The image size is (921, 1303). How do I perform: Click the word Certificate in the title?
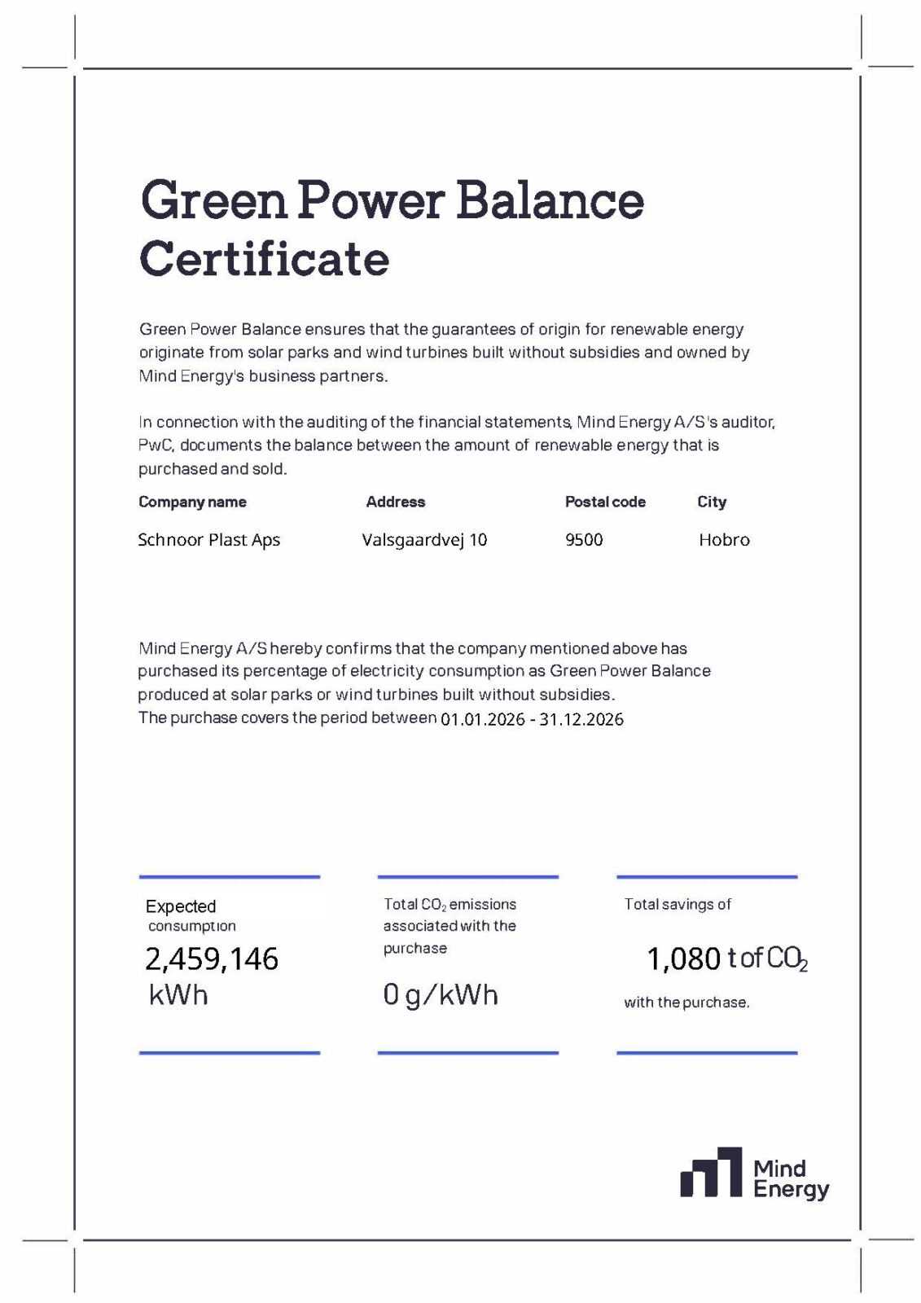click(264, 259)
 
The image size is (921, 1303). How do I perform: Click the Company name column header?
click(192, 502)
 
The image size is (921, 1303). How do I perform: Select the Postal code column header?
click(605, 502)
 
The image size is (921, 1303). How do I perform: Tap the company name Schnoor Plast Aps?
click(208, 540)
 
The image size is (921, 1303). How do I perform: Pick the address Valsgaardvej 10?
click(424, 540)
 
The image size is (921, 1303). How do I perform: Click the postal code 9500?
click(584, 540)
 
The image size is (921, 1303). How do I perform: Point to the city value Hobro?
click(724, 540)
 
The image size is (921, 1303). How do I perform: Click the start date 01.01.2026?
click(482, 719)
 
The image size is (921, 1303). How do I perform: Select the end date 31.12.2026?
click(581, 719)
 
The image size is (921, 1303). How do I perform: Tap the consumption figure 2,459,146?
click(212, 959)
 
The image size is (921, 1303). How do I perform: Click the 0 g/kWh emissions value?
click(441, 994)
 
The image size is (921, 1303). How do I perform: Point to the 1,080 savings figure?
click(683, 959)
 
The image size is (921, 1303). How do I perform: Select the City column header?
click(712, 502)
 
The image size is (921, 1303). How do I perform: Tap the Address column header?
click(396, 502)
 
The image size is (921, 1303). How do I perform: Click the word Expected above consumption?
click(181, 906)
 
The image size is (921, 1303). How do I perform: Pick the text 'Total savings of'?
click(678, 904)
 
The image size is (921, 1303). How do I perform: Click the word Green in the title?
click(213, 200)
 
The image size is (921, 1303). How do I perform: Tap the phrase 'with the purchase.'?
click(686, 1002)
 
